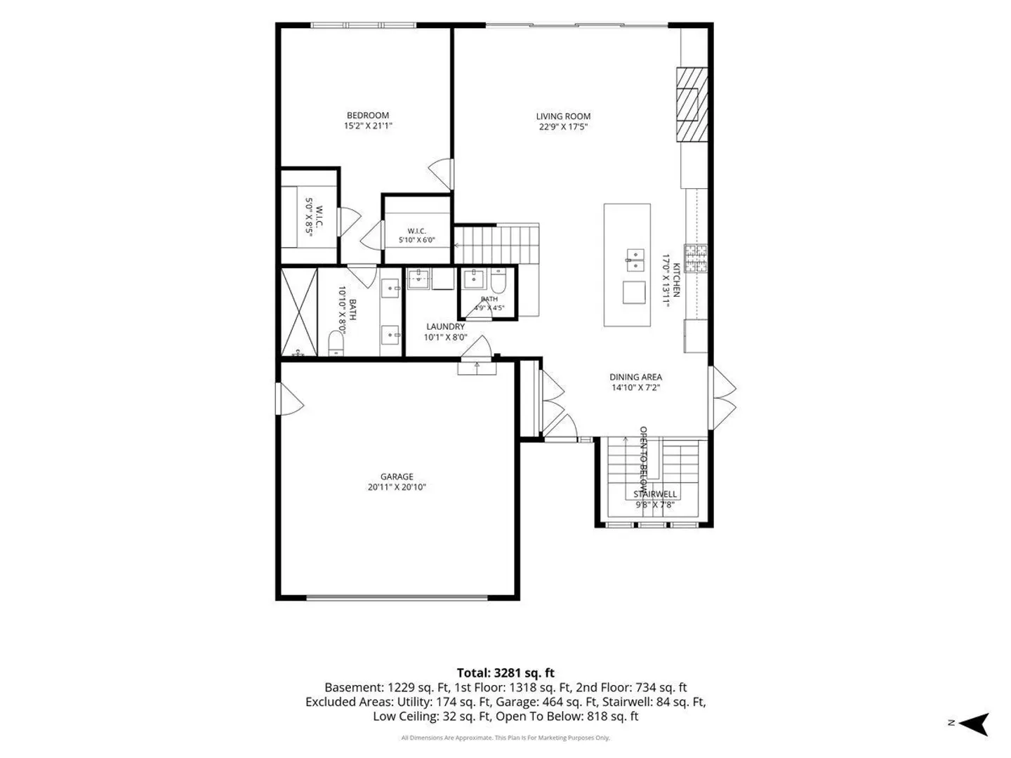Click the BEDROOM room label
coord(368,115)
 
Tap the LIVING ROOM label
coord(563,117)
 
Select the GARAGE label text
coord(397,477)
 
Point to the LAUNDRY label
coord(445,326)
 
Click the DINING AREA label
coord(635,377)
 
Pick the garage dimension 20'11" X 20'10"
coord(397,487)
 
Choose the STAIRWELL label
coord(655,494)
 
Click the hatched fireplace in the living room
coord(692,105)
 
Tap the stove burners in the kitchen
coord(696,258)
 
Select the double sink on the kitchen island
coord(635,260)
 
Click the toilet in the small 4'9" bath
coord(498,280)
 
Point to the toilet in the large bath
coord(336,343)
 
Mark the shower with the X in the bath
coord(299,312)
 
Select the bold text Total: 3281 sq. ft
coord(505,673)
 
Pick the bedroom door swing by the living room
coord(441,174)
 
